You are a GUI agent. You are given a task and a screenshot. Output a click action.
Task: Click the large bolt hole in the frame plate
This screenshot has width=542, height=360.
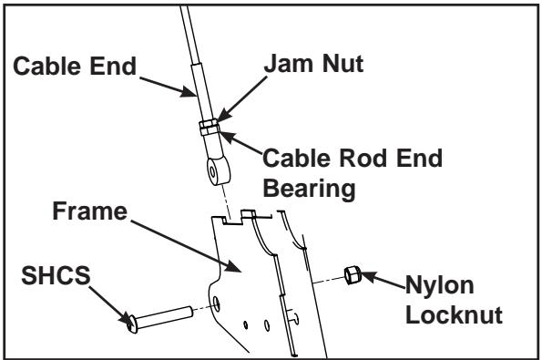pos(216,301)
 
